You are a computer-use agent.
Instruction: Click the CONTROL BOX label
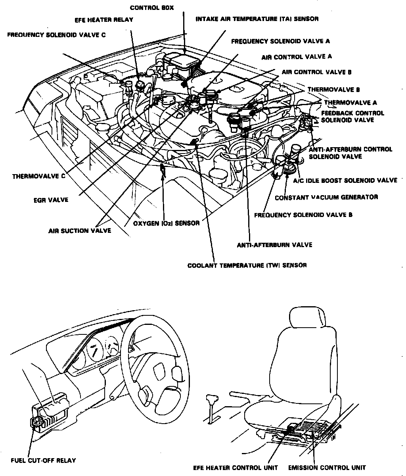pos(152,8)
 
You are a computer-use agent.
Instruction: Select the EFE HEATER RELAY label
pos(104,20)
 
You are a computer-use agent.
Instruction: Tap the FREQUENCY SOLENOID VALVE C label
pos(56,35)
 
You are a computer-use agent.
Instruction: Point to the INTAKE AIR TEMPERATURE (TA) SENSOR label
pos(257,19)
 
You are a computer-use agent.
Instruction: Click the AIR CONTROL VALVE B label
pos(316,72)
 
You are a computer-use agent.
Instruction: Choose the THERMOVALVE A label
pos(350,103)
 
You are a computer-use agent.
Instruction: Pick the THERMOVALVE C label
pos(38,177)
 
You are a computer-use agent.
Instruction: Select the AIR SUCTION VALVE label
pos(80,230)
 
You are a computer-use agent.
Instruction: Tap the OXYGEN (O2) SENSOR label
pos(166,223)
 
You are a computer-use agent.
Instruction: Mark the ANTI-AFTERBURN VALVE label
pos(274,245)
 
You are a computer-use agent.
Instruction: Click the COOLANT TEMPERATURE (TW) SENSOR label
pos(247,265)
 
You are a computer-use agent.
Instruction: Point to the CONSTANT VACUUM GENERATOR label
pos(326,197)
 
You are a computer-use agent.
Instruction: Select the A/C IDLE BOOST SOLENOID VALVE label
pos(345,180)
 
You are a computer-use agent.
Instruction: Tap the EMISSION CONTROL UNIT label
pos(327,468)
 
